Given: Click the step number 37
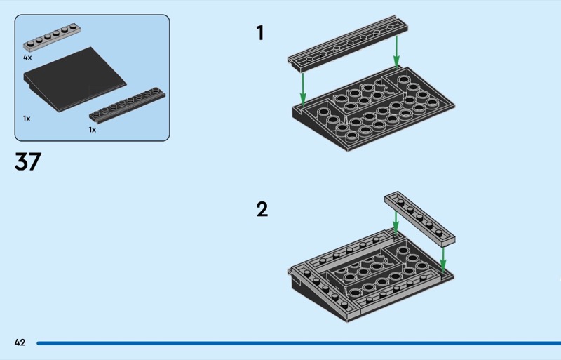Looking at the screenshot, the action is pyautogui.click(x=28, y=161).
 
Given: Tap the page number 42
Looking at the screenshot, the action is pyautogui.click(x=20, y=342).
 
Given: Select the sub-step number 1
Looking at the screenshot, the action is pyautogui.click(x=260, y=33).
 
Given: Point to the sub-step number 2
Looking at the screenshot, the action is pyautogui.click(x=262, y=209).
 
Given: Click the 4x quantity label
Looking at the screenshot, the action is pyautogui.click(x=27, y=58).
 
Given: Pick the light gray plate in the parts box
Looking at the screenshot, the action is pyautogui.click(x=52, y=37).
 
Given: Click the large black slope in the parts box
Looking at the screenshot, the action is pyautogui.click(x=75, y=79).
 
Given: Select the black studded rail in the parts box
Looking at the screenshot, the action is pyautogui.click(x=127, y=105).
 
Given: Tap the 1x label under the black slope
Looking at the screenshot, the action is pyautogui.click(x=27, y=118).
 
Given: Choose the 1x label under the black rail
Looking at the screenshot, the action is pyautogui.click(x=93, y=130).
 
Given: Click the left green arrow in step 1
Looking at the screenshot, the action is pyautogui.click(x=303, y=89).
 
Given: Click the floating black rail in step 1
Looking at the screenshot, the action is pyautogui.click(x=347, y=43).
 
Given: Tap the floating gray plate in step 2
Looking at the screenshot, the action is pyautogui.click(x=419, y=218).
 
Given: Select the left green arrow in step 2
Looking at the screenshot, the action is pyautogui.click(x=396, y=222).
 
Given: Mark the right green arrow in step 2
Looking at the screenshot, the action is pyautogui.click(x=443, y=260).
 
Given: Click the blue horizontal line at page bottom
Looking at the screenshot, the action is pyautogui.click(x=299, y=343).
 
